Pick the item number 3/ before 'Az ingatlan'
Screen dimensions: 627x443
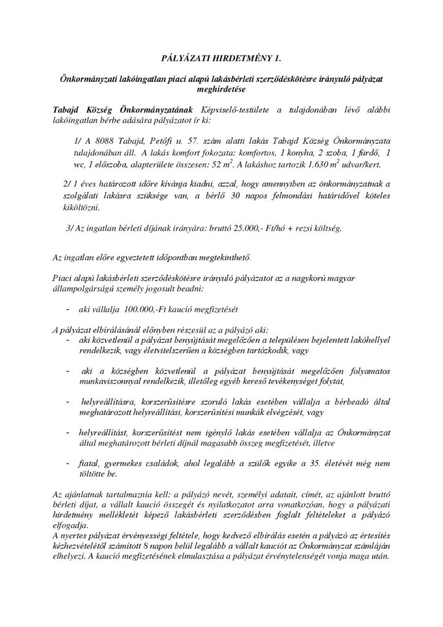tap(69, 228)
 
